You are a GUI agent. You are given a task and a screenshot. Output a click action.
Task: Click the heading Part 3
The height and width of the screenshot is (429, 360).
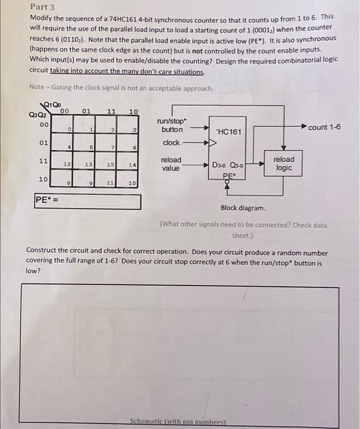click(42, 7)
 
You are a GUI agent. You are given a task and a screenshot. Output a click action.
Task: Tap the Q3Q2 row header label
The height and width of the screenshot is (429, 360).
click(36, 114)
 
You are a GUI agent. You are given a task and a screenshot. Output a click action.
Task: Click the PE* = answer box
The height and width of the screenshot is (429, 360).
click(88, 201)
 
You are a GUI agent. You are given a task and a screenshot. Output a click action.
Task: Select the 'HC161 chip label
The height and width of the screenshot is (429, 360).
click(229, 132)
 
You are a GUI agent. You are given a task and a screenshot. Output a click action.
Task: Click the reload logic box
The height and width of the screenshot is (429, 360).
click(283, 163)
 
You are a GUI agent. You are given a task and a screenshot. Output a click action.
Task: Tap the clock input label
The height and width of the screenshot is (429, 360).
click(172, 143)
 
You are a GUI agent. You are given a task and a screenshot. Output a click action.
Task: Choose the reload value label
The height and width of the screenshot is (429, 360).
click(170, 163)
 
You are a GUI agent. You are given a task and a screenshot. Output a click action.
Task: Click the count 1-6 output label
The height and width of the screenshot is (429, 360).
click(324, 127)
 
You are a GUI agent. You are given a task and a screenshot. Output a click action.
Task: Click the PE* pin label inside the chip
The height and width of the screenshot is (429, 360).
click(228, 175)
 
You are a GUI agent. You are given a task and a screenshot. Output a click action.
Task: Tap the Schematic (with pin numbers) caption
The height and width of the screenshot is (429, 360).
click(178, 422)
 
